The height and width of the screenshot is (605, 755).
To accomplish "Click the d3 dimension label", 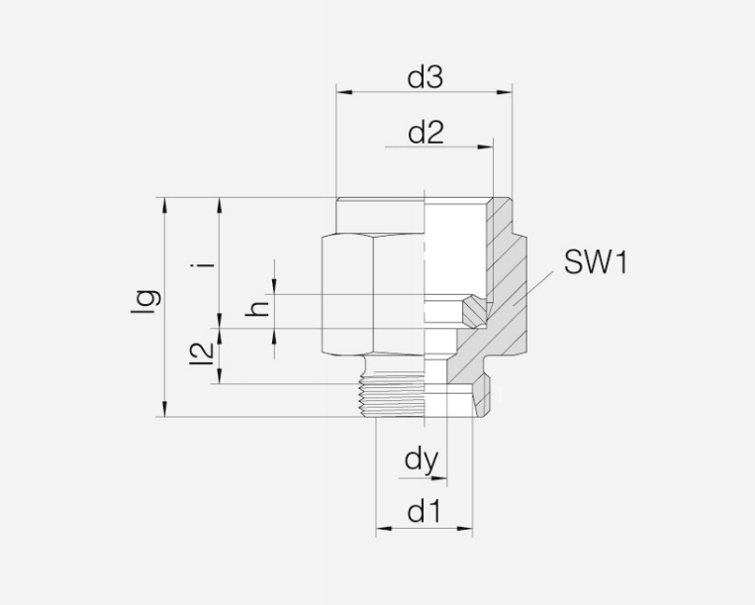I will pyautogui.click(x=425, y=79).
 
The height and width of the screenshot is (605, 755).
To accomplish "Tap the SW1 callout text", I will pyautogui.click(x=596, y=263).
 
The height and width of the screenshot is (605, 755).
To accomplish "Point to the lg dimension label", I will pyautogui.click(x=143, y=301).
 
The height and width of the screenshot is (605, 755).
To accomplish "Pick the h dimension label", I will pyautogui.click(x=259, y=310).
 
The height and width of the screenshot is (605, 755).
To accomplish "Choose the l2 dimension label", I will pyautogui.click(x=201, y=354).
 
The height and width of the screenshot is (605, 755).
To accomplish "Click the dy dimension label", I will pyautogui.click(x=422, y=460).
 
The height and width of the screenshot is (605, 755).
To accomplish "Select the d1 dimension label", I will pyautogui.click(x=424, y=512).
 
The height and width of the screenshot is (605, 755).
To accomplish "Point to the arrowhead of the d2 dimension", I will pyautogui.click(x=486, y=147).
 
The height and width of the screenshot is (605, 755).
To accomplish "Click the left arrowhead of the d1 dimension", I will pyautogui.click(x=382, y=528).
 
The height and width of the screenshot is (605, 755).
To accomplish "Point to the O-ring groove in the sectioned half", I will pyautogui.click(x=477, y=311).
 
